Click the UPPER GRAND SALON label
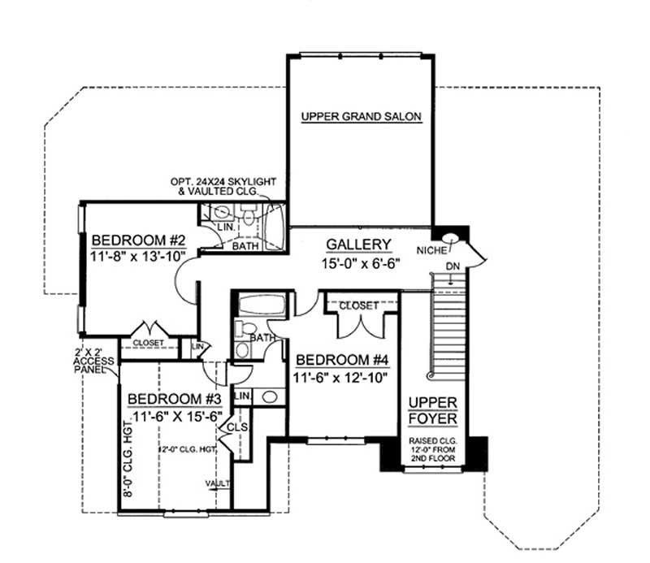coord(362,116)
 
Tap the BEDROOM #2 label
coord(140,240)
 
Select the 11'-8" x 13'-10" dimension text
coord(139,256)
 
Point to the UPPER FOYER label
coord(433,411)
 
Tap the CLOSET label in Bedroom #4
coord(358,305)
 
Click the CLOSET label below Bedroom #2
coord(149,343)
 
